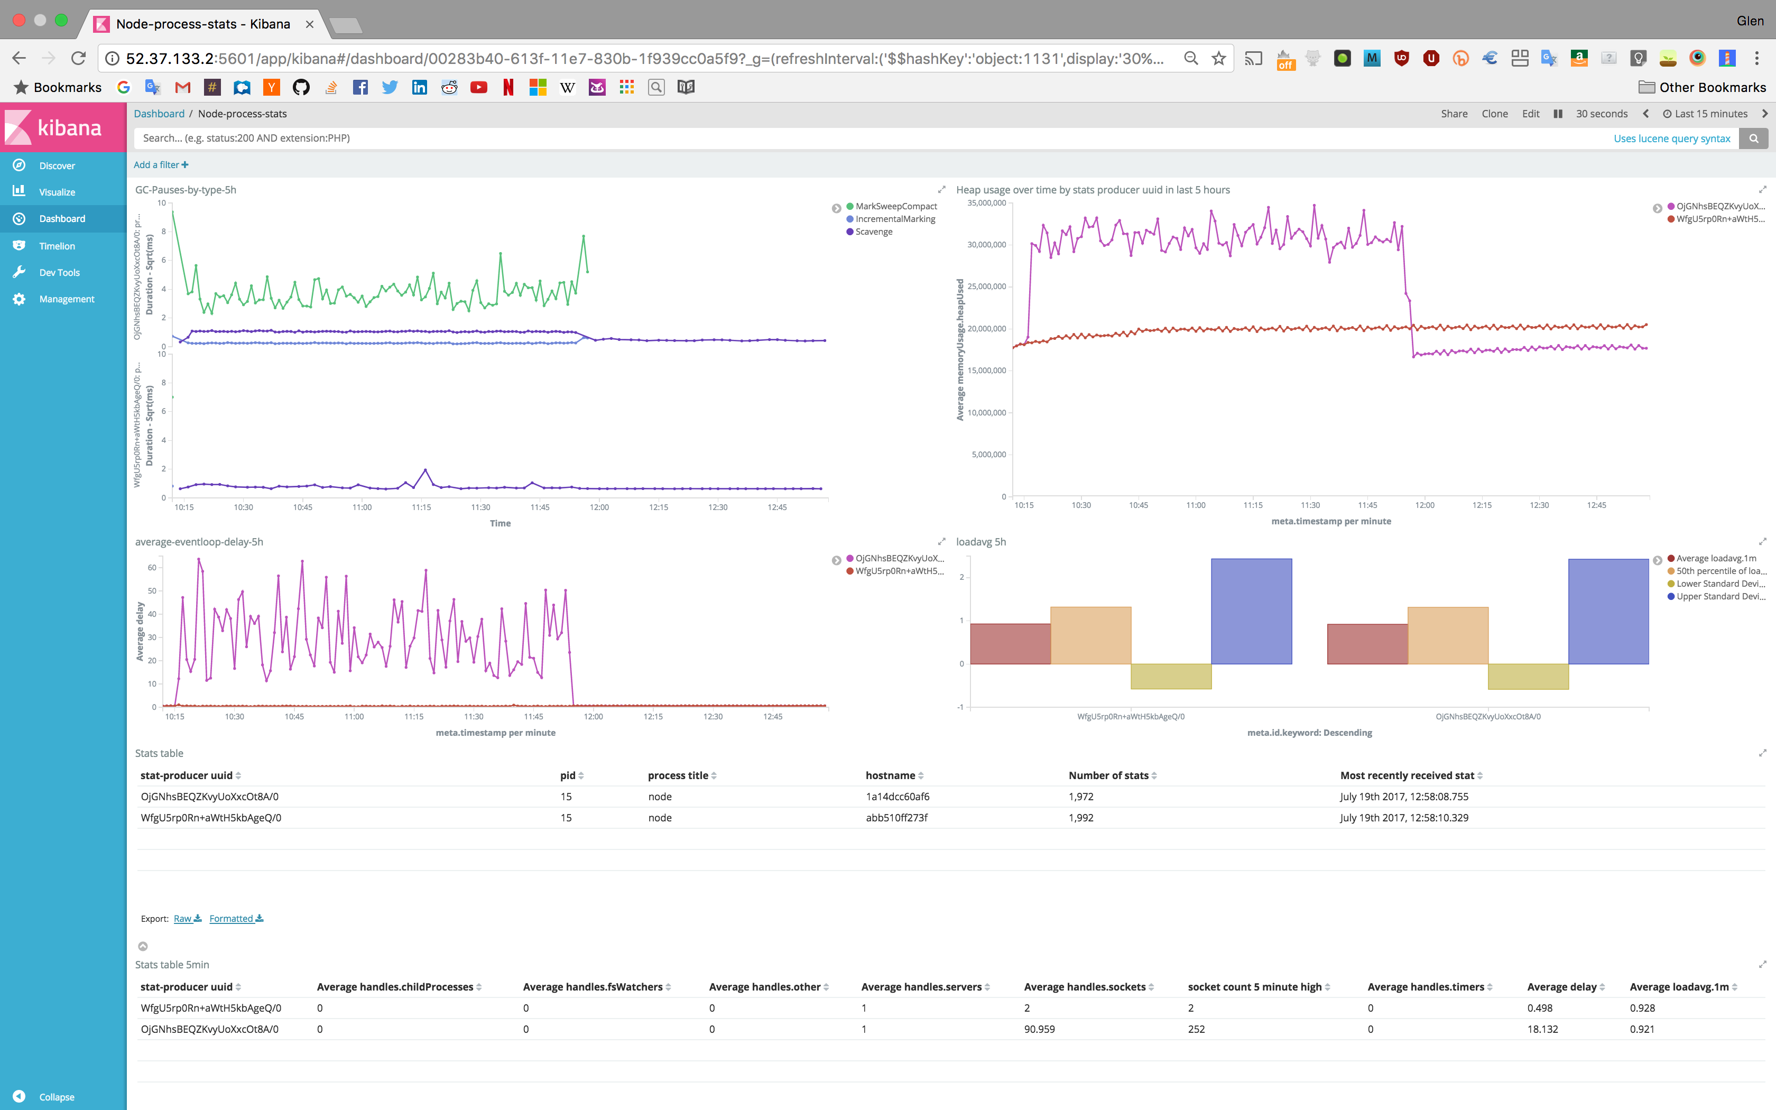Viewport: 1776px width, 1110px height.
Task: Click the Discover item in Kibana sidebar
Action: point(57,166)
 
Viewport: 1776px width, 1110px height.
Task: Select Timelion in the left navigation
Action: point(57,246)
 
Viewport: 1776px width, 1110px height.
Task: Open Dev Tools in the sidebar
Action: point(59,272)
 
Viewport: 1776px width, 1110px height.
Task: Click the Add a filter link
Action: point(160,165)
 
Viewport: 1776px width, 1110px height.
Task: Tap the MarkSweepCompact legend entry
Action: point(895,206)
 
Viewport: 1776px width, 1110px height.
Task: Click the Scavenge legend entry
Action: point(873,232)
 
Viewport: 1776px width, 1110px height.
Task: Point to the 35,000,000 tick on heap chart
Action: point(986,203)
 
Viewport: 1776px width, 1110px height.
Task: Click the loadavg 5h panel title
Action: point(980,542)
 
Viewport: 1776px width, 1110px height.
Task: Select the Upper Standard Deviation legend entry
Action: point(1719,596)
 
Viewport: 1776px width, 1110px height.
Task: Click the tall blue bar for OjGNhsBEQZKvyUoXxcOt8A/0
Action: point(1608,612)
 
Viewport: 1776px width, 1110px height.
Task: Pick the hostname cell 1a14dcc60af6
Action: point(897,797)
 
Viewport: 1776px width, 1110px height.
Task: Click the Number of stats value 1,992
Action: point(1080,818)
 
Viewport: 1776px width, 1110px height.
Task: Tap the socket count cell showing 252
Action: point(1196,1029)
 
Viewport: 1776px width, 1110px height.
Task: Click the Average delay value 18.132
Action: point(1542,1029)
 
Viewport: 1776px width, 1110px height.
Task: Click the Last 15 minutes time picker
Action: point(1710,114)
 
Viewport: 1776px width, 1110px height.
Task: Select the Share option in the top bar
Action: point(1453,114)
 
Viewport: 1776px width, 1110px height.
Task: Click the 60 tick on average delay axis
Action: point(152,568)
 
